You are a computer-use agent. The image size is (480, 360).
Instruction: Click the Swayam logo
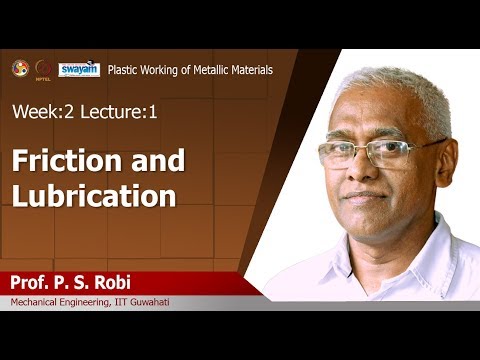tap(78, 69)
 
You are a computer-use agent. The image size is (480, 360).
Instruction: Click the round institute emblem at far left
tap(20, 68)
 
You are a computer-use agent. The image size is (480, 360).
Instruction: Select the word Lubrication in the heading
tap(93, 196)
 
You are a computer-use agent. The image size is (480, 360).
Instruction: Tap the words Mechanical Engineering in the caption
tap(61, 303)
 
